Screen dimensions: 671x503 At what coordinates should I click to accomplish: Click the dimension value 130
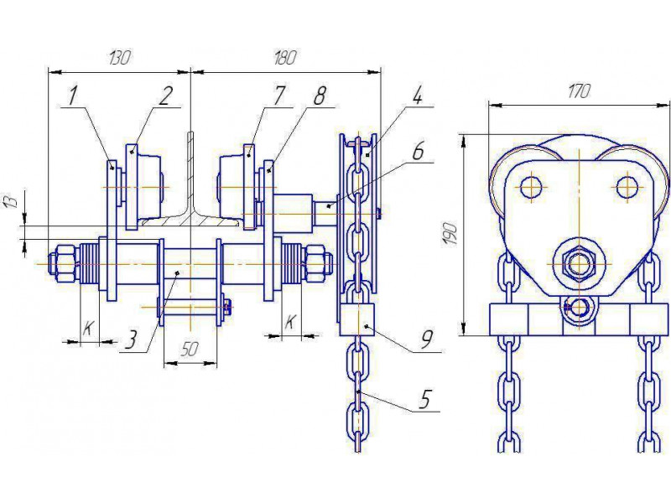pos(119,58)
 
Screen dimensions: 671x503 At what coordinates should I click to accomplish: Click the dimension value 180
pos(284,58)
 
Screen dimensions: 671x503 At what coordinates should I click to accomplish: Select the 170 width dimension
pos(578,91)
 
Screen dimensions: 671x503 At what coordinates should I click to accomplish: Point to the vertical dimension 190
pos(450,234)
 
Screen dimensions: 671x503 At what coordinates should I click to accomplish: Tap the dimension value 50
pos(190,350)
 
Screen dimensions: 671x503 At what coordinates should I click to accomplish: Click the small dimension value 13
pos(13,200)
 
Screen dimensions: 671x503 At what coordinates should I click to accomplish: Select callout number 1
pos(73,96)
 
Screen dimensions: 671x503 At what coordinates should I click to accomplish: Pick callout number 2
pos(165,96)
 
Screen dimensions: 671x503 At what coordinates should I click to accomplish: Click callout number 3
pos(132,340)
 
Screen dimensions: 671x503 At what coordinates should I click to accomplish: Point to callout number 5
pos(424,401)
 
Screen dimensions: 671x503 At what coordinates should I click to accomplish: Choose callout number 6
pos(418,152)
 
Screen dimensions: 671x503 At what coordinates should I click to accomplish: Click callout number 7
pos(278,96)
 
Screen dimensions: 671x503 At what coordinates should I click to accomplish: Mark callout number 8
pos(320,96)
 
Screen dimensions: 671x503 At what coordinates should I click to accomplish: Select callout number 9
pos(425,340)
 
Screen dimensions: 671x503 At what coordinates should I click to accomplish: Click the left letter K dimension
pos(88,328)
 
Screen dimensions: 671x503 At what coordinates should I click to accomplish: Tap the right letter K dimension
pos(290,321)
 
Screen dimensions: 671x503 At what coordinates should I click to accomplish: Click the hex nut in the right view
pos(578,265)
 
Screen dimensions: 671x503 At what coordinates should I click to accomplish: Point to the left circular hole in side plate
pos(531,186)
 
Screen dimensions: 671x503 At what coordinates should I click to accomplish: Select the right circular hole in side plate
pos(627,186)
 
